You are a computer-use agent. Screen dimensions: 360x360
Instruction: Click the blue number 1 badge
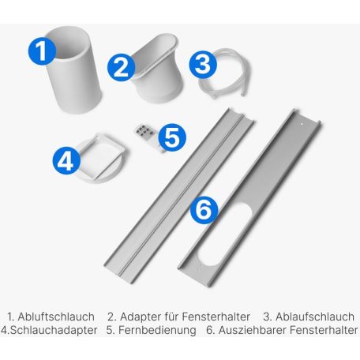[42, 51]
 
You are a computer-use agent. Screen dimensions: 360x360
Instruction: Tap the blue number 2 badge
[121, 67]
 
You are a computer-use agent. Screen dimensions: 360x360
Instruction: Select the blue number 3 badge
[203, 64]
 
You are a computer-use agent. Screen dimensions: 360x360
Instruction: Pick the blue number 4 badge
[66, 161]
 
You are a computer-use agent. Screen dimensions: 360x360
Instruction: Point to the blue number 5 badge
[172, 137]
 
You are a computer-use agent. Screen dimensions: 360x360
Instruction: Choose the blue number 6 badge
[204, 210]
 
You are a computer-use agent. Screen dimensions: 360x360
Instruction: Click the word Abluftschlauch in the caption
[56, 317]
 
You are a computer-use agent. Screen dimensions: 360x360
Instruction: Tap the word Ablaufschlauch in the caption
[315, 317]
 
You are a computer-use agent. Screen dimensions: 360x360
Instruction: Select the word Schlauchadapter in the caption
[54, 330]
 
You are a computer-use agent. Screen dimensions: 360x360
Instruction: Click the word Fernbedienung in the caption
[157, 330]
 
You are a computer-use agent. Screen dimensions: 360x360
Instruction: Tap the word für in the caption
[172, 317]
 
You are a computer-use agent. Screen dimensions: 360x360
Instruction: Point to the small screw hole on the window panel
[302, 124]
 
